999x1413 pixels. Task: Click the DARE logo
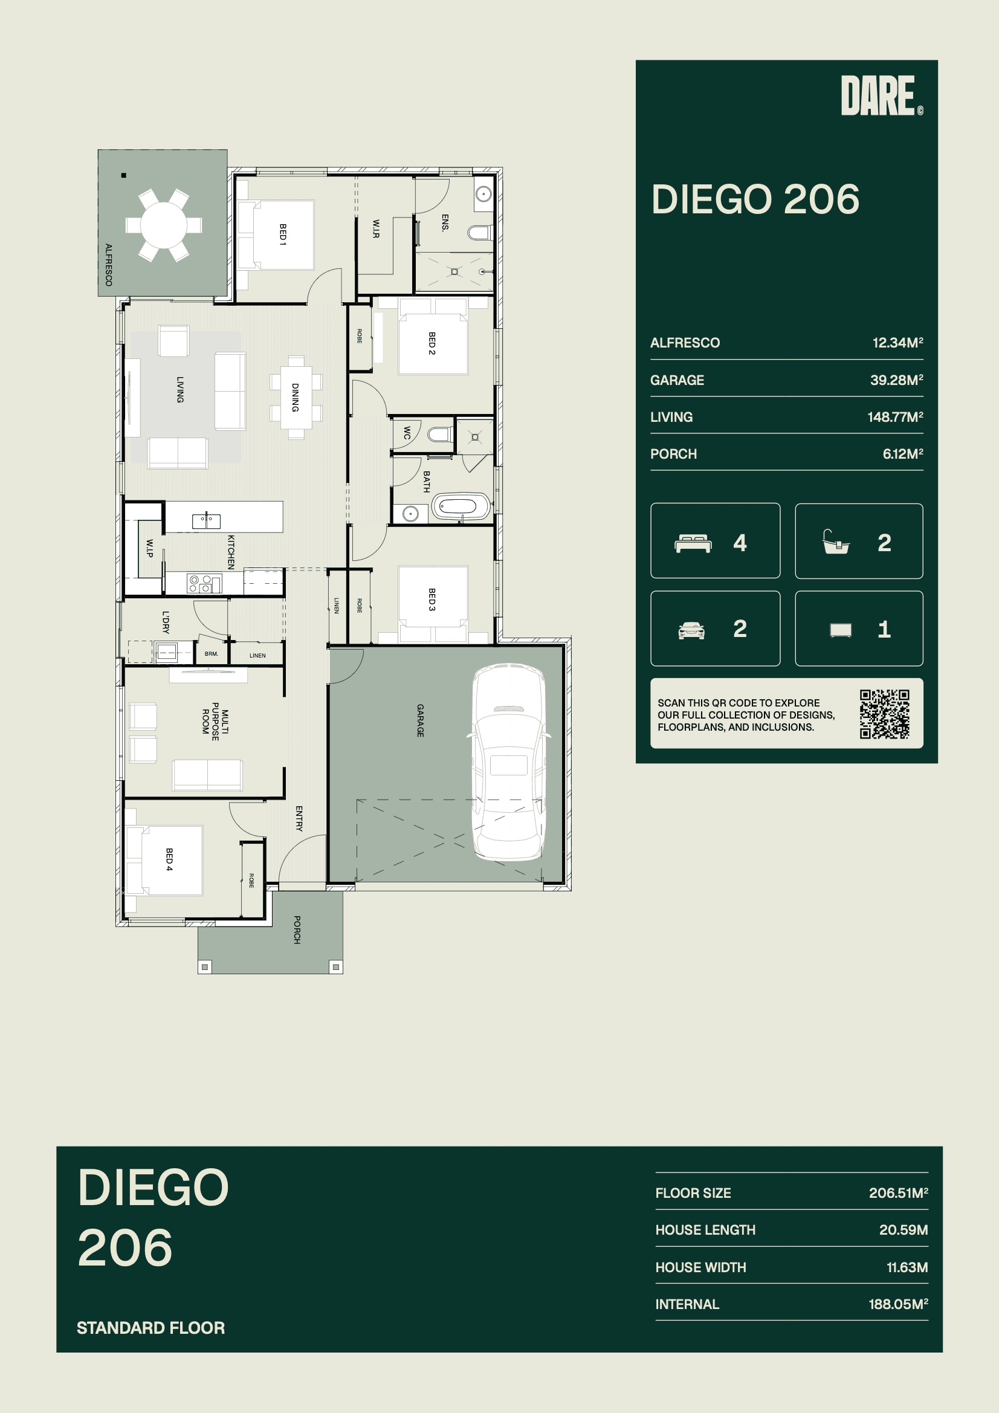[x=881, y=95]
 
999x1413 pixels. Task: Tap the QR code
[x=885, y=714]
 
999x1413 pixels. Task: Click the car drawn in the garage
[x=508, y=761]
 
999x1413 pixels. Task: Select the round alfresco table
[x=164, y=225]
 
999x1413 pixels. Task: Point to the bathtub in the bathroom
[x=461, y=507]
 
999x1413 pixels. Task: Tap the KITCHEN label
[x=231, y=552]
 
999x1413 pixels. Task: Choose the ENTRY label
[x=299, y=818]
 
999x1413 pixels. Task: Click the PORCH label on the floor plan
[x=297, y=930]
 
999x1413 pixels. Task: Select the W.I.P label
[x=149, y=548]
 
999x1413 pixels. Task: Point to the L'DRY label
[x=166, y=622]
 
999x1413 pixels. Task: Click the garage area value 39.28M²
[x=896, y=380]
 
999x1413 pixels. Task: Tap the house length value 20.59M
[x=903, y=1230]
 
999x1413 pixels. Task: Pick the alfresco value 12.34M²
[x=897, y=343]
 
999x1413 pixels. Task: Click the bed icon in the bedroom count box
[x=693, y=543]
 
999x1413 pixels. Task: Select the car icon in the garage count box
[x=691, y=630]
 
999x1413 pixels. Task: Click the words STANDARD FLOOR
[x=151, y=1328]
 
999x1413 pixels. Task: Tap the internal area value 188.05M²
[x=898, y=1304]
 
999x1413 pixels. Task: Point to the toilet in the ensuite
[x=479, y=233]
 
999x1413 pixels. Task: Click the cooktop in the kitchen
[x=203, y=583]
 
